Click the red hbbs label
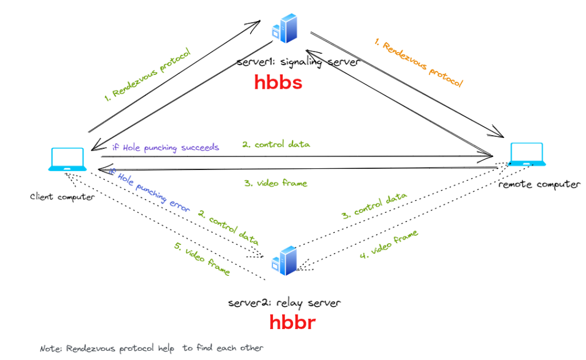pos(278,84)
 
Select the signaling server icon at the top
pos(286,29)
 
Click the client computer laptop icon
pos(68,160)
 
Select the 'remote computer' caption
pos(539,184)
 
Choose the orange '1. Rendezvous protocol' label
pos(418,63)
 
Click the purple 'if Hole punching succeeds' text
pos(165,147)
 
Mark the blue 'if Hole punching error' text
pos(149,191)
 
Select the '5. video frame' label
pos(202,258)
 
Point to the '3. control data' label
pos(374,207)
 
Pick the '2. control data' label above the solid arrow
pos(276,144)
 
